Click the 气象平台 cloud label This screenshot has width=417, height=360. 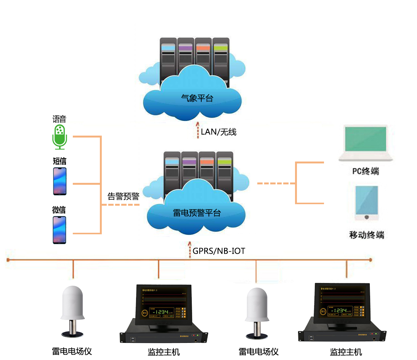197,98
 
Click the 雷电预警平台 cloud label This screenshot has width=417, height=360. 197,213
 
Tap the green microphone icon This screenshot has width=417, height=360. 59,136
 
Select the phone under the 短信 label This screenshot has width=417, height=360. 59,181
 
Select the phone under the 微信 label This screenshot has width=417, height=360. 59,230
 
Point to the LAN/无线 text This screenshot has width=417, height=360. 219,132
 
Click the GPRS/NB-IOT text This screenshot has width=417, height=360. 219,251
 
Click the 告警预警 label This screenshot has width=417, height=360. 123,197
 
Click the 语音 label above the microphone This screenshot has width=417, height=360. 59,119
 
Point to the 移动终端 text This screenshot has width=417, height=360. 366,235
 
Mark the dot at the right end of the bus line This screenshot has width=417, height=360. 370,260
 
